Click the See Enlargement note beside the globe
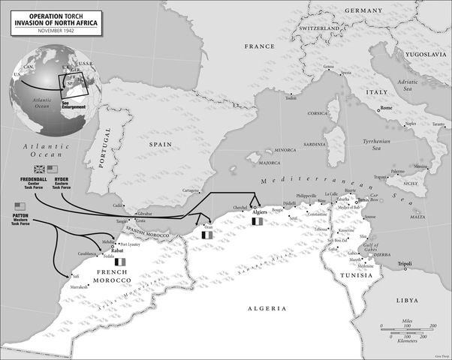pos(74,105)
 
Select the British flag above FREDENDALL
pos(38,169)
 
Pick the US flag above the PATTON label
pos(20,206)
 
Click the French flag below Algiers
pos(258,221)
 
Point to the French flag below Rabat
pos(119,262)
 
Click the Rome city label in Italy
pos(387,109)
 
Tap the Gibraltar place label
pos(143,214)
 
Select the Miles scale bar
pos(408,325)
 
